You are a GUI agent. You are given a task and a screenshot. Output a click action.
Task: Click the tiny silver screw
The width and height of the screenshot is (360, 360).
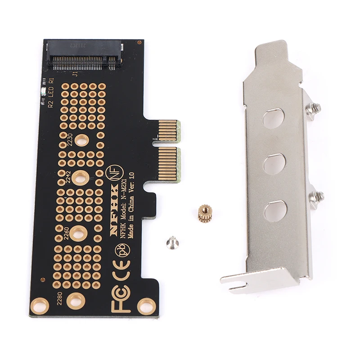pyautogui.click(x=171, y=243)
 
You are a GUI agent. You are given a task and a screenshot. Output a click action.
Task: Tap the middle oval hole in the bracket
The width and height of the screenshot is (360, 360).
pyautogui.click(x=274, y=164)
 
